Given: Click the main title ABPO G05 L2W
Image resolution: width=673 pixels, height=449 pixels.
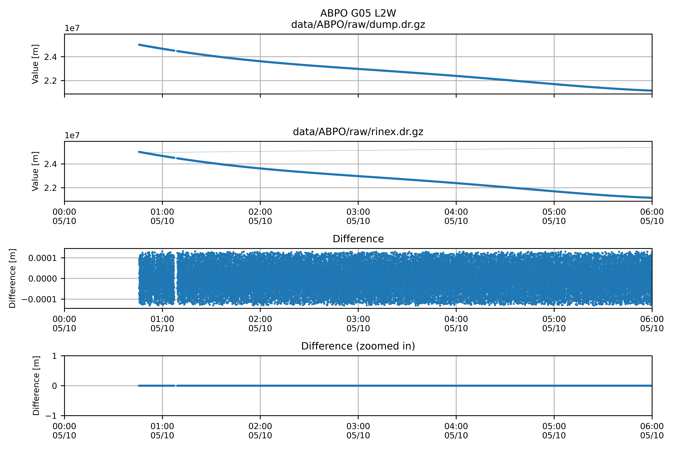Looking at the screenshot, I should [358, 13].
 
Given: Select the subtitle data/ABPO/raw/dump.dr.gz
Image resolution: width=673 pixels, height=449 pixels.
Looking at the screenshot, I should [358, 25].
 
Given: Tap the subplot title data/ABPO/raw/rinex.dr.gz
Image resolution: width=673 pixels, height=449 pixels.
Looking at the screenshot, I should [358, 132].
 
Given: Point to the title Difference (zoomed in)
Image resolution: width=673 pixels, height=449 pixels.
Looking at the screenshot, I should [358, 346].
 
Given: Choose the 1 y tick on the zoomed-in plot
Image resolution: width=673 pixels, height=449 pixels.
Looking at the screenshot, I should [54, 356].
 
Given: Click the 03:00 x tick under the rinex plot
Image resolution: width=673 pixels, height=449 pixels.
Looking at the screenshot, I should [358, 217].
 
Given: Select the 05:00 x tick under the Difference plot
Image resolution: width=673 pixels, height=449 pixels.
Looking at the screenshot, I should [554, 324].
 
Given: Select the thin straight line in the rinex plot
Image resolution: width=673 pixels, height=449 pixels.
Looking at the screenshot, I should [401, 150].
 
